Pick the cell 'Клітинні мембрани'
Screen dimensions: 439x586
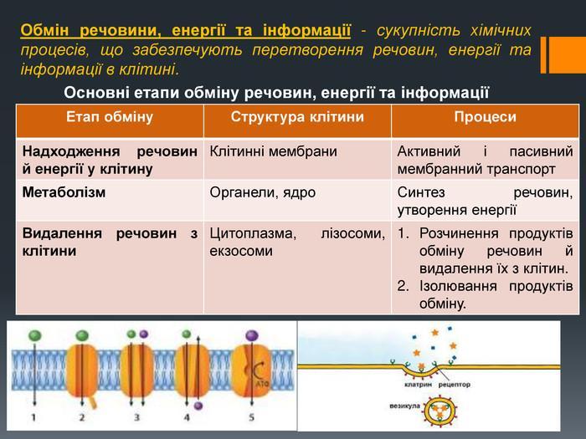pos(274,152)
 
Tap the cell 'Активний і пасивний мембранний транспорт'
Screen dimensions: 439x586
pos(486,160)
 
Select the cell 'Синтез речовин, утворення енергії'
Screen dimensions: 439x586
pos(486,201)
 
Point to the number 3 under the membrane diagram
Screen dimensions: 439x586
pos(136,416)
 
